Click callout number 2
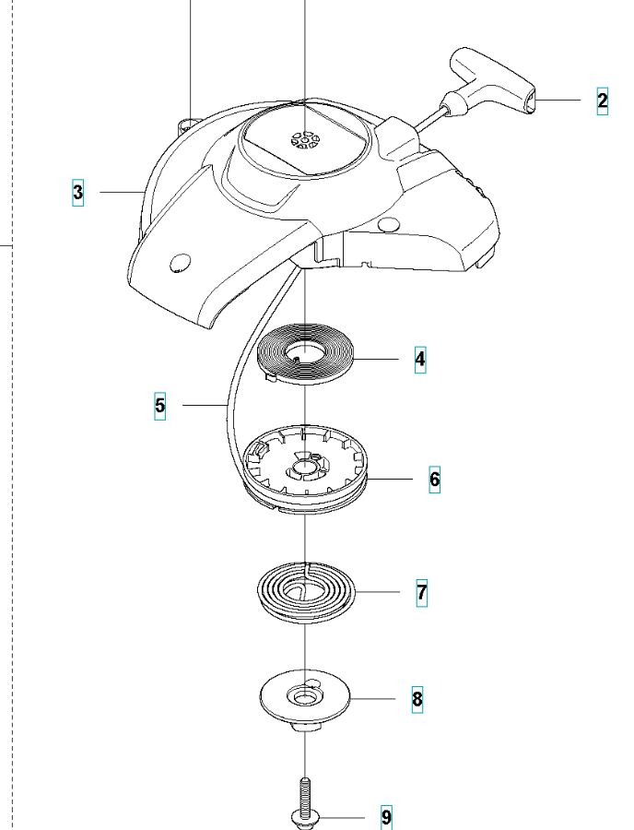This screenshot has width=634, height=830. (603, 101)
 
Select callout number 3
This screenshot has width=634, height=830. (78, 192)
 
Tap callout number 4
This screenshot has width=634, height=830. (420, 358)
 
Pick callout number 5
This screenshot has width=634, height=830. (160, 405)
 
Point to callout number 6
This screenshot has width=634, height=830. (434, 479)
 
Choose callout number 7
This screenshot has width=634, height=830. (421, 592)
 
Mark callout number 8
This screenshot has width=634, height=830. (417, 698)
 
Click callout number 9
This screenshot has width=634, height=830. (386, 817)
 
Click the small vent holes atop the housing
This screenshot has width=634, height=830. (303, 139)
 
